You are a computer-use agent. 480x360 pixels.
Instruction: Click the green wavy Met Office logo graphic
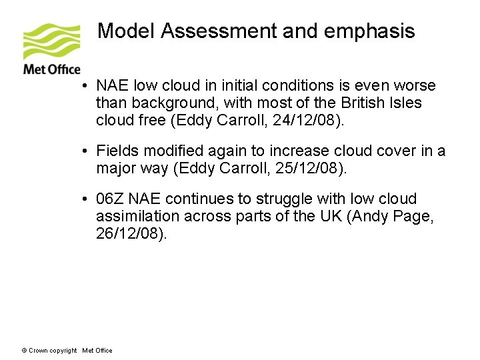51,42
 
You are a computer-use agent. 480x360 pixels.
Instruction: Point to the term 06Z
111,199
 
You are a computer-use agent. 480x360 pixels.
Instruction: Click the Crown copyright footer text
50,351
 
